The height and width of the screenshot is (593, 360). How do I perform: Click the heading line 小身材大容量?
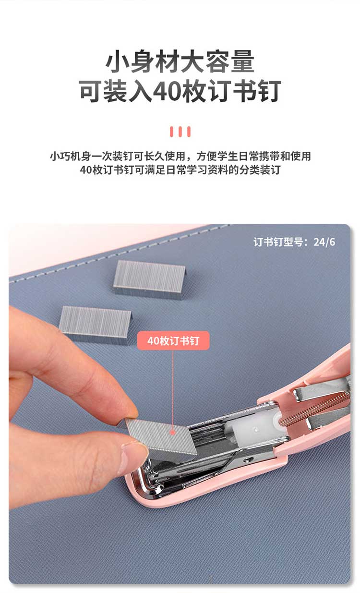180,61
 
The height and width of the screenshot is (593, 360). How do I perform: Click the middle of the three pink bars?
180,132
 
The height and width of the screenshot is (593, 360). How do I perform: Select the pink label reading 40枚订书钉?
173,341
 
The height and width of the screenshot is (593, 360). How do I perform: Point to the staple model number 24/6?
324,242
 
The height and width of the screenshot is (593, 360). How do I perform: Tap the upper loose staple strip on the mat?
150,279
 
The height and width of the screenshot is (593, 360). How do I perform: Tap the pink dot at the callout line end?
173,433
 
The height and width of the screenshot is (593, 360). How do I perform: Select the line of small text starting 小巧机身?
180,156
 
